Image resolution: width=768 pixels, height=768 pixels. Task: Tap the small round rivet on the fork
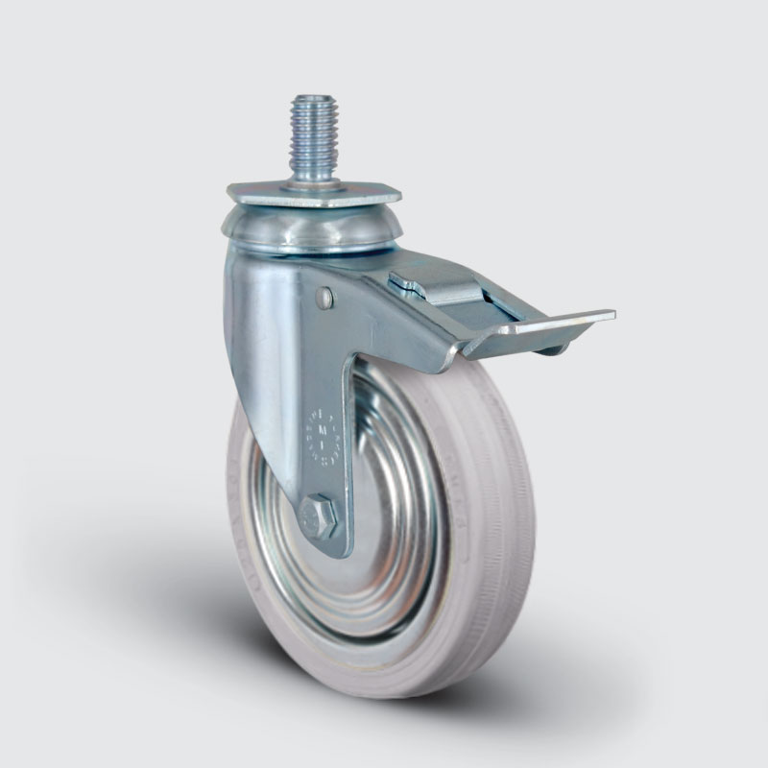(x=326, y=300)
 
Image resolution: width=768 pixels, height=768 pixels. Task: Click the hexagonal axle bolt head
(x=318, y=517)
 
